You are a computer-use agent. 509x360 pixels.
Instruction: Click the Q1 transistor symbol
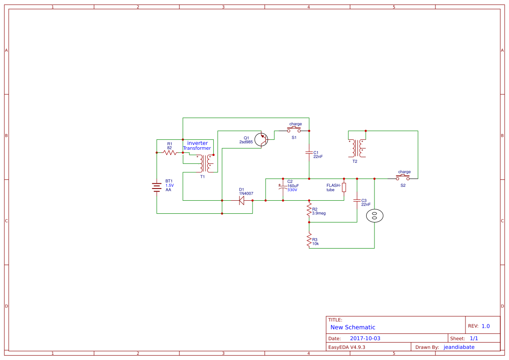[262, 139]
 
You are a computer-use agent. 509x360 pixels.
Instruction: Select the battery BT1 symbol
[157, 187]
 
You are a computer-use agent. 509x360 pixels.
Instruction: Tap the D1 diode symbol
[242, 200]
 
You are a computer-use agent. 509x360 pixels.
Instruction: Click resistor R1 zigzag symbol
[169, 152]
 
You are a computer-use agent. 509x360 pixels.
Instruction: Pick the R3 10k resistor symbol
[309, 240]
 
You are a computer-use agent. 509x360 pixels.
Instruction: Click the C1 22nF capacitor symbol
[309, 153]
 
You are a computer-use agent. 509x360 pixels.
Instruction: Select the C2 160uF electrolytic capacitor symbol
[283, 187]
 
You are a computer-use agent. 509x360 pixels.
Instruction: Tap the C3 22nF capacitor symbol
[357, 201]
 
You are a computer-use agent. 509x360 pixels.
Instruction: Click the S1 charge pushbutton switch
[294, 130]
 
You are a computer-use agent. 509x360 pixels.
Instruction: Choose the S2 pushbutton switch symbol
[403, 178]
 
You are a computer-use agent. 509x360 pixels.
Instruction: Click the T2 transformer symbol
[357, 148]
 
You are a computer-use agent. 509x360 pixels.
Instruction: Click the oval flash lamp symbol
[374, 215]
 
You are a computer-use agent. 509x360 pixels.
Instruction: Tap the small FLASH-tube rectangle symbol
[344, 188]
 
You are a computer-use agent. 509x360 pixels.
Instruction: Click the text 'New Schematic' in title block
[353, 327]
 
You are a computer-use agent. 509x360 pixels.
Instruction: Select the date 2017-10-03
[365, 338]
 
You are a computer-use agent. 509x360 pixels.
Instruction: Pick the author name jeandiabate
[459, 347]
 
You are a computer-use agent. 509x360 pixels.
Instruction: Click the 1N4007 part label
[246, 193]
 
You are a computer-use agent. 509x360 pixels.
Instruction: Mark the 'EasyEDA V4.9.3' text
[347, 347]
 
